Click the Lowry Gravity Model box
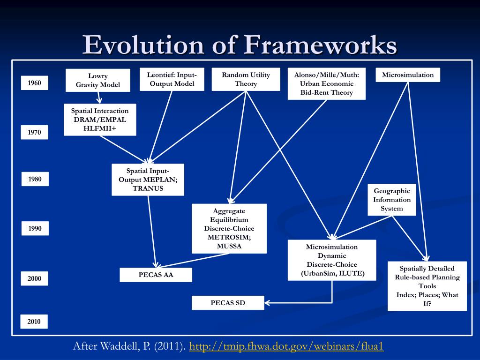[x=98, y=80]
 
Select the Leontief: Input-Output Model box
[x=172, y=79]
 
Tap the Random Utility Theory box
[x=246, y=79]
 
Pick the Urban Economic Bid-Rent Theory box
[x=326, y=83]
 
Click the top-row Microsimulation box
[x=408, y=75]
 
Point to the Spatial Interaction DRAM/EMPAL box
[x=100, y=120]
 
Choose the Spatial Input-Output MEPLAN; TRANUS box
[x=148, y=180]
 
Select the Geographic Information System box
[x=392, y=200]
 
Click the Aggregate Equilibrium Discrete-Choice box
[x=229, y=228]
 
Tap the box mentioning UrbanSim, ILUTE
[x=332, y=260]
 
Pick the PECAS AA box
[x=156, y=275]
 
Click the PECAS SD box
[x=228, y=303]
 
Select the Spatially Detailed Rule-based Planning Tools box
[x=427, y=286]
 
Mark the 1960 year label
[x=34, y=83]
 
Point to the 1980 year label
[x=35, y=179]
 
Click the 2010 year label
[x=34, y=322]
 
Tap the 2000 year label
[x=34, y=278]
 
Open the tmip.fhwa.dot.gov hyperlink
[x=286, y=347]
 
